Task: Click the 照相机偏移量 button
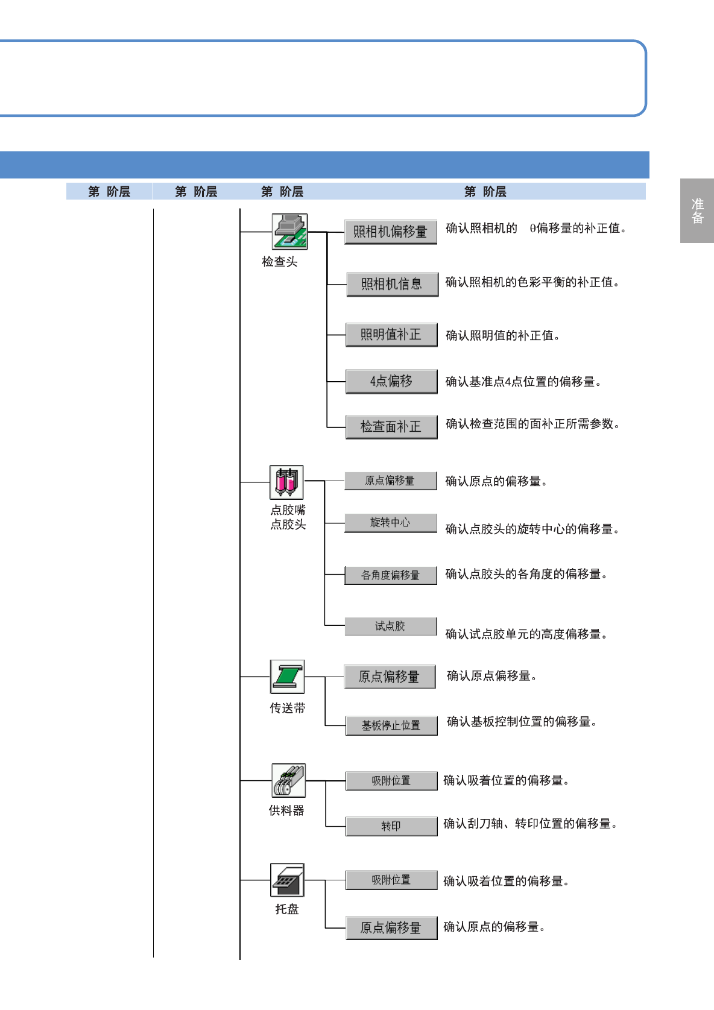coord(390,232)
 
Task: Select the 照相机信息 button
coord(392,284)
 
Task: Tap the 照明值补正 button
coord(391,335)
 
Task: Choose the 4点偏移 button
coord(391,381)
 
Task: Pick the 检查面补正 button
coord(391,427)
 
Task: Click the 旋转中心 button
coord(390,523)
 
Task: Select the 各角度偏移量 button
coord(390,575)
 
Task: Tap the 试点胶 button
coord(390,627)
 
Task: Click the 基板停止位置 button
coord(391,725)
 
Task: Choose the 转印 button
coord(391,826)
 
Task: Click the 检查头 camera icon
coord(289,232)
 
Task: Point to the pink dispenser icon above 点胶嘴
coord(286,482)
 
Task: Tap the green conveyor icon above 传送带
coord(287,677)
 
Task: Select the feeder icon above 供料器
coord(288,780)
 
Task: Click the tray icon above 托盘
coord(287,880)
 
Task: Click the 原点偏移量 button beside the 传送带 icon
coord(389,677)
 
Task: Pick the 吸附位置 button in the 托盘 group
coord(391,880)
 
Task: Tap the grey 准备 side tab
coord(697,210)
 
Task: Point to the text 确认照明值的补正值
coord(502,335)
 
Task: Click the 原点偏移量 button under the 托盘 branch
coord(391,927)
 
